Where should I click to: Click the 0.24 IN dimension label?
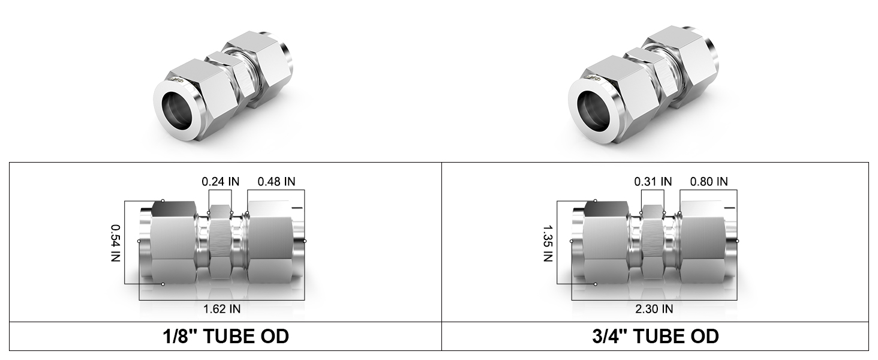(x=220, y=182)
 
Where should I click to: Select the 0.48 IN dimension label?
(x=276, y=182)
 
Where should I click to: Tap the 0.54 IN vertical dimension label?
(x=116, y=243)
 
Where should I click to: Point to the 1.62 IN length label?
(x=222, y=309)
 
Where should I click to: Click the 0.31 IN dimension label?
(x=653, y=182)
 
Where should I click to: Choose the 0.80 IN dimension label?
(x=709, y=182)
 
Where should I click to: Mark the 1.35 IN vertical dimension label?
(x=548, y=243)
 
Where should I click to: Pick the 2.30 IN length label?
(x=654, y=309)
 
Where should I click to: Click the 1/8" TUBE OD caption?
(x=225, y=337)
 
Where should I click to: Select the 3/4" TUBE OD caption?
(x=656, y=337)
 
